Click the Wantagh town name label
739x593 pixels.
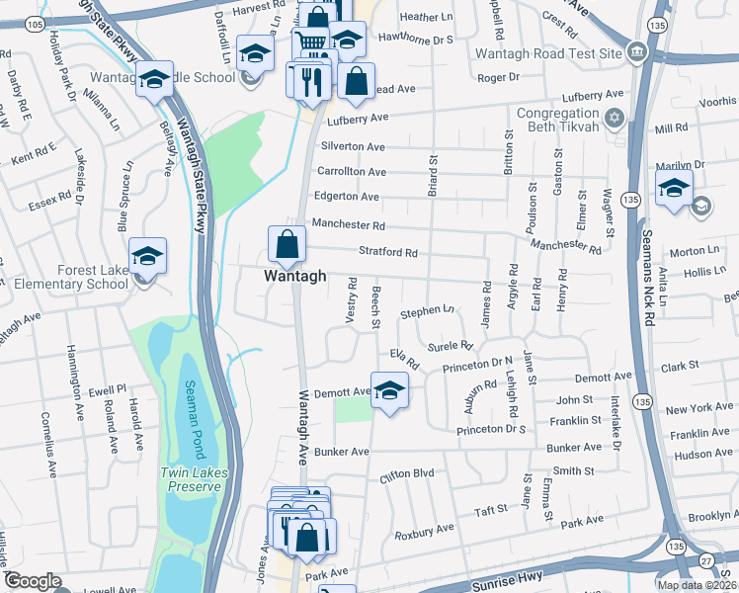tap(293, 278)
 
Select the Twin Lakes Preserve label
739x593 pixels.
tap(194, 479)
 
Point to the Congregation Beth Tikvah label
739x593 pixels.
tap(558, 120)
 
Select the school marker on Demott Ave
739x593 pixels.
tap(389, 389)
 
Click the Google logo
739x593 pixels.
tap(33, 581)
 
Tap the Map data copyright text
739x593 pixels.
tap(697, 585)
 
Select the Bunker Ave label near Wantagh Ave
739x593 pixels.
tap(342, 452)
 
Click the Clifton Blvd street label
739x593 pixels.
tap(407, 474)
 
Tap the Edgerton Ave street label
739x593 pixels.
tap(348, 197)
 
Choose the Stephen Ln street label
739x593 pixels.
tap(427, 311)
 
